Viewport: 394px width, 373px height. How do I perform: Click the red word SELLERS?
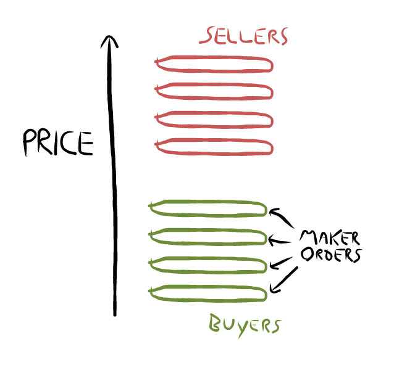(x=243, y=36)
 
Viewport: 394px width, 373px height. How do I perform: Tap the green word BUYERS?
(x=245, y=325)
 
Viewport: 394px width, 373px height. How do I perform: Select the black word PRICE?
(x=58, y=142)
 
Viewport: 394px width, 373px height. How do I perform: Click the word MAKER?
(x=330, y=237)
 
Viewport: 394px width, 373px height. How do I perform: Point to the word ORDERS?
(x=332, y=255)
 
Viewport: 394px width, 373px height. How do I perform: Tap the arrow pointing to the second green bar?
(x=279, y=242)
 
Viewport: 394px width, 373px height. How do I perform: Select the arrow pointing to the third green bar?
(x=281, y=263)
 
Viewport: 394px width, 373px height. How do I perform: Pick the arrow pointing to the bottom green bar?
(x=284, y=280)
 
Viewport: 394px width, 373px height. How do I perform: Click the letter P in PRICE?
(x=30, y=142)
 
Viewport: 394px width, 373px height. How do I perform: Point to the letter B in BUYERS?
(x=215, y=322)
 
